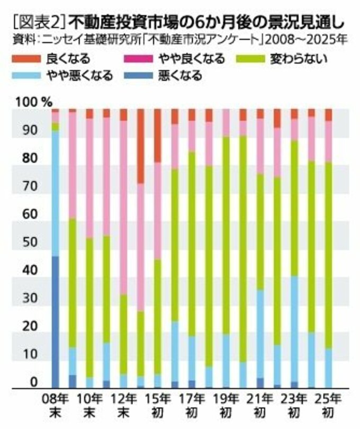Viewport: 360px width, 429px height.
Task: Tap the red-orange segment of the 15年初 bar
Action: (157, 135)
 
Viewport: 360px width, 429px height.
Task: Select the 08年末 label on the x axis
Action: (55, 404)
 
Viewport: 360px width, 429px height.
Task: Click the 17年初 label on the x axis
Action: (192, 404)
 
